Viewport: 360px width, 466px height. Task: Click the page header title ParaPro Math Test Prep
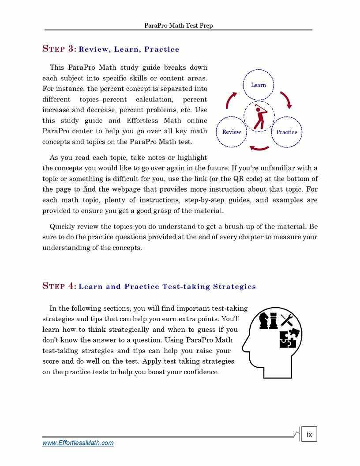tap(178, 26)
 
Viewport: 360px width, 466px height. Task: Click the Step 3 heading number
tap(71, 49)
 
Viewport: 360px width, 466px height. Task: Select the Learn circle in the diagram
tap(258, 85)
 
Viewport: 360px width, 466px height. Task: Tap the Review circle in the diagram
tap(231, 132)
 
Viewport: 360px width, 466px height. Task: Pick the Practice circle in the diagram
tap(286, 132)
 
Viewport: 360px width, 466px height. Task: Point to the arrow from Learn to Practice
tap(286, 100)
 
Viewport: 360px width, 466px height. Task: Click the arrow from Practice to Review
tap(259, 147)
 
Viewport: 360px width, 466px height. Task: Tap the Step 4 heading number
tap(71, 286)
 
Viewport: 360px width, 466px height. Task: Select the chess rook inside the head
tap(274, 321)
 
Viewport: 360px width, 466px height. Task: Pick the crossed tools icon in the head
tap(287, 320)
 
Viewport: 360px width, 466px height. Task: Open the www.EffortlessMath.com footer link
tap(78, 443)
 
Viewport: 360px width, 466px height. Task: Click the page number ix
tap(309, 434)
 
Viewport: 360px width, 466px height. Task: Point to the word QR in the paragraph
tap(239, 179)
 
